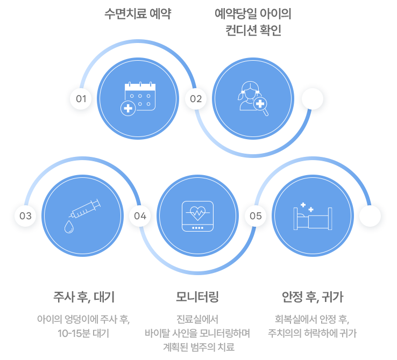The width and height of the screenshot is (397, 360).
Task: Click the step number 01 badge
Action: (x=81, y=99)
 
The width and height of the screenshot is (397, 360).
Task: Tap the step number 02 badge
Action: (x=195, y=99)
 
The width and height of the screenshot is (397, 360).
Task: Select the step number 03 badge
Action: (x=25, y=216)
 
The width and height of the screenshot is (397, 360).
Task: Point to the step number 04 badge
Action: (x=140, y=216)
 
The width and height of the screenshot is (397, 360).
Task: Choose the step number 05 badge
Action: (x=256, y=216)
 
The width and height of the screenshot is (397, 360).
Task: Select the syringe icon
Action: (x=82, y=216)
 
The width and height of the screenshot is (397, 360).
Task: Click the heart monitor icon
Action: (x=197, y=216)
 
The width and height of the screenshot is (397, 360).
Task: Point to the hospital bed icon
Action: (x=313, y=216)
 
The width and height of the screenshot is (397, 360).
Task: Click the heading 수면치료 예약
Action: (x=138, y=14)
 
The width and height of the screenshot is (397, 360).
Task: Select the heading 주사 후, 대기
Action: (x=83, y=297)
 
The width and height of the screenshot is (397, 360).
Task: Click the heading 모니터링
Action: (x=197, y=297)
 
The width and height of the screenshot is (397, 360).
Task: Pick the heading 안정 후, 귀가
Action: (x=313, y=297)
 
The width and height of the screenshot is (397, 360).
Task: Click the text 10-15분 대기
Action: (x=83, y=333)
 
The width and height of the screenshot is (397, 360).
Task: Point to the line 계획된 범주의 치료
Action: (x=198, y=347)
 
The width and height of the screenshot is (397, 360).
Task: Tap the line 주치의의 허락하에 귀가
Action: (x=313, y=333)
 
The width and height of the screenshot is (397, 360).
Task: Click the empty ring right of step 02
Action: (x=311, y=99)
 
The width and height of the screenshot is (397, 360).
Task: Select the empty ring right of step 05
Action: (x=371, y=216)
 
